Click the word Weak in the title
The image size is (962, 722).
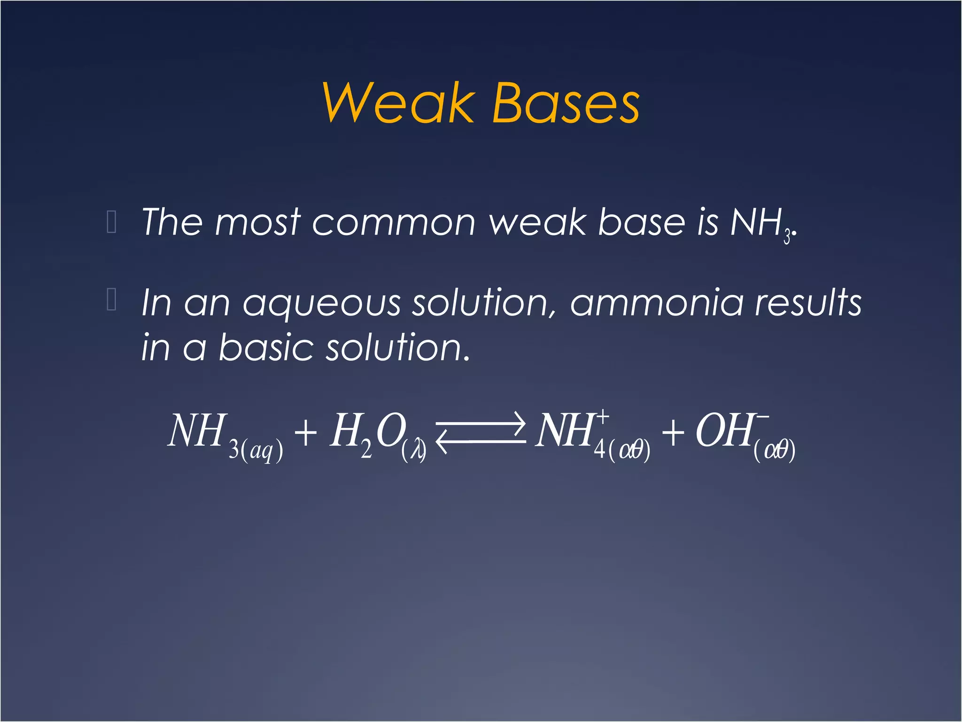coord(398,103)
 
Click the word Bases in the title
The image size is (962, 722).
coord(566,103)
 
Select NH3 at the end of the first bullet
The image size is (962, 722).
coord(761,224)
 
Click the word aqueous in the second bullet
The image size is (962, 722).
coord(321,304)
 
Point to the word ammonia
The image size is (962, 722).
coord(657,303)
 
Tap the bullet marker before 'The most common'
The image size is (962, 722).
coord(112,222)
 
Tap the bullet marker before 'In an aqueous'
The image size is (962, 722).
coord(112,300)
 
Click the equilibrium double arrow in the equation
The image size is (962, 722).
coord(480,432)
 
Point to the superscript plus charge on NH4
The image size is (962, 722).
coord(603,416)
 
